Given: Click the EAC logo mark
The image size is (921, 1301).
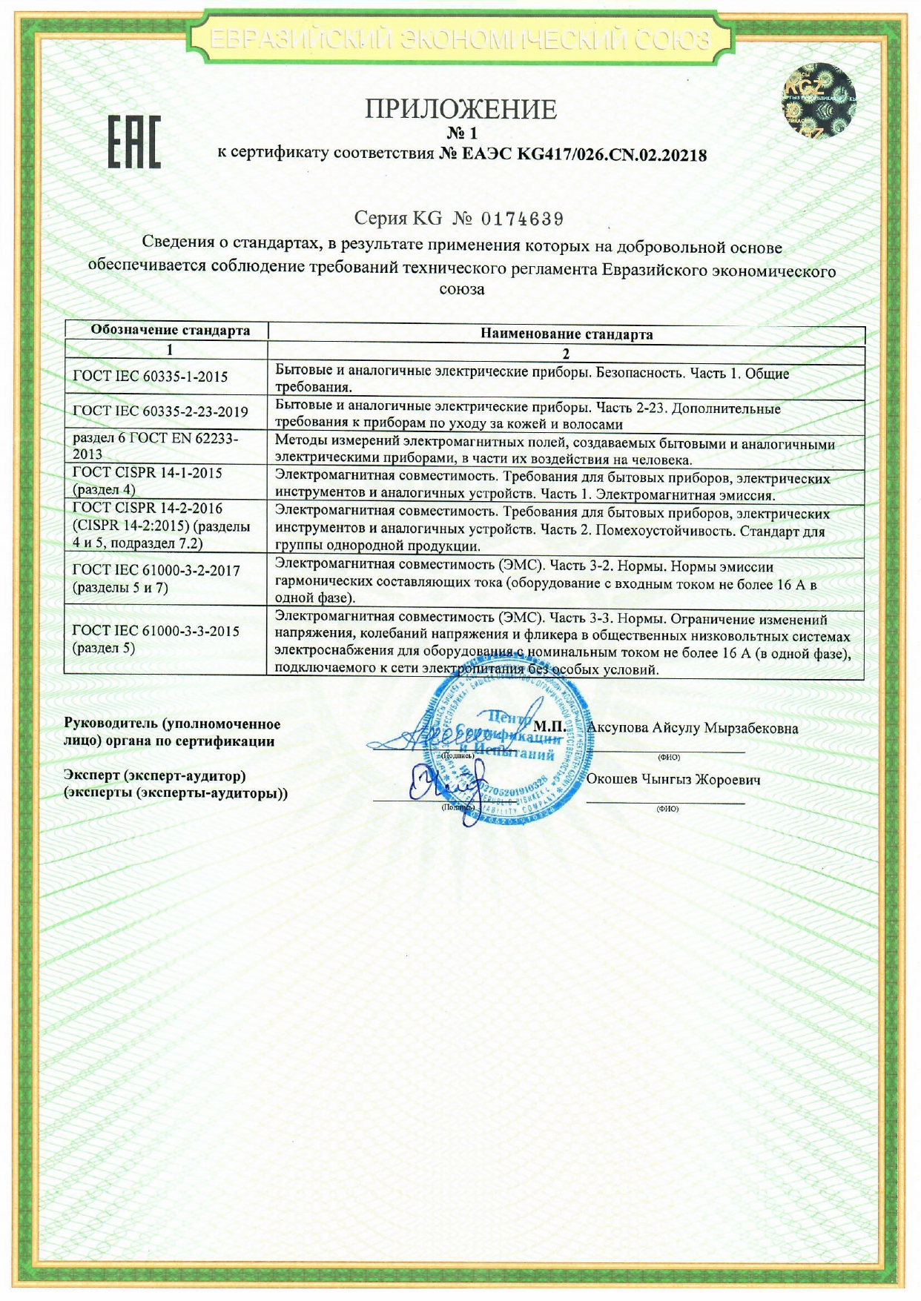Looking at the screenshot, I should pyautogui.click(x=134, y=142).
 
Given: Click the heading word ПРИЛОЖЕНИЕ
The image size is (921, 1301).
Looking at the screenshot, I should pyautogui.click(x=460, y=110).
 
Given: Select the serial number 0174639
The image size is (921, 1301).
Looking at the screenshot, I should pyautogui.click(x=523, y=219).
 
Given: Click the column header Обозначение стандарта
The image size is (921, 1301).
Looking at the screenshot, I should pyautogui.click(x=170, y=330).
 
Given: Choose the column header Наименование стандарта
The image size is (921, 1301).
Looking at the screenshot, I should pyautogui.click(x=567, y=334).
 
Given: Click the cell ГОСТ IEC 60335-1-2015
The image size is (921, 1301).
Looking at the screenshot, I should pyautogui.click(x=151, y=376).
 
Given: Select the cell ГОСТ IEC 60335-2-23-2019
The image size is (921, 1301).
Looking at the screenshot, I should pyautogui.click(x=160, y=411).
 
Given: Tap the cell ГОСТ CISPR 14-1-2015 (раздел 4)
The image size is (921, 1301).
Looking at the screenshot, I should pyautogui.click(x=148, y=480).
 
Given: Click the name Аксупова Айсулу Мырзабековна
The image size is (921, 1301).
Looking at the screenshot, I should pyautogui.click(x=693, y=728).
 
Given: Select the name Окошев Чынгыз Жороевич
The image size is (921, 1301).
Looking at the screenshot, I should pyautogui.click(x=673, y=780).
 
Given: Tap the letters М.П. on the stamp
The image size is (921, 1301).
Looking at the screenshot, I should pyautogui.click(x=549, y=726).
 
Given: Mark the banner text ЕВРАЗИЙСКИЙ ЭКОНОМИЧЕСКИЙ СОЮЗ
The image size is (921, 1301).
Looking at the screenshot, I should pyautogui.click(x=460, y=39).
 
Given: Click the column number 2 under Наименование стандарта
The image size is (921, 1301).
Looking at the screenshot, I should pyautogui.click(x=567, y=354).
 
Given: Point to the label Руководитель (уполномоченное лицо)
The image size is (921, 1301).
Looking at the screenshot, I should pyautogui.click(x=172, y=732).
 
